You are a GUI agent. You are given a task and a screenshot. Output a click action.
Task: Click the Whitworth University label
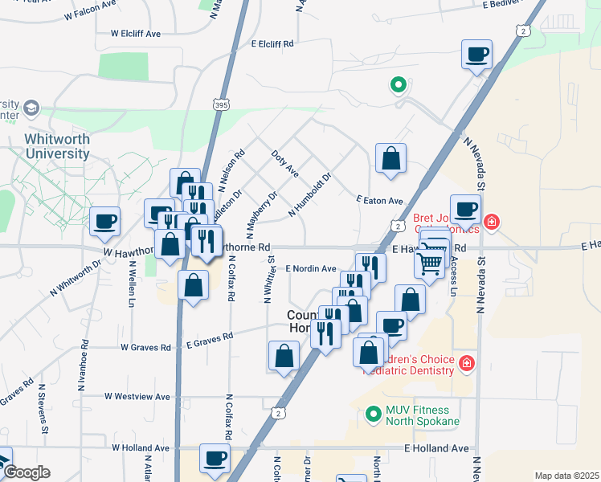point(56,146)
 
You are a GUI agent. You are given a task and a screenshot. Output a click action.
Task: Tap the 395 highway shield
point(223,104)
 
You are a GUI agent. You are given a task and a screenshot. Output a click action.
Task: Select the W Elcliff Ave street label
point(136,34)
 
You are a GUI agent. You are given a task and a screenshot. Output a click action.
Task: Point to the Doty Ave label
point(285,163)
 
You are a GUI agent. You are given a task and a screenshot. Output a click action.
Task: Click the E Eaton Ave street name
point(378,199)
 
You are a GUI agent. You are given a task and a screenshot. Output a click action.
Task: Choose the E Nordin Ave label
point(310,268)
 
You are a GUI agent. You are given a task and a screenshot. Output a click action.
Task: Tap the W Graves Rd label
point(145,348)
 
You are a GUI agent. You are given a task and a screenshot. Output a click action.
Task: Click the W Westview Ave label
point(137,397)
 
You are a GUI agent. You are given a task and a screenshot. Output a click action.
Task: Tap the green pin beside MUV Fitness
point(372,415)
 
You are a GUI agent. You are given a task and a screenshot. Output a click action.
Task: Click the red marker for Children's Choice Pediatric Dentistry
point(466,366)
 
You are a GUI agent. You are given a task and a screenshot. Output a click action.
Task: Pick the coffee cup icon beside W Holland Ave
point(215,458)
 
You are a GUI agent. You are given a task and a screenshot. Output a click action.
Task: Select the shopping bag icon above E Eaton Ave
point(390,158)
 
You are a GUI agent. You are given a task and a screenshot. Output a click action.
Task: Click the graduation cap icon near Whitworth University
point(31,108)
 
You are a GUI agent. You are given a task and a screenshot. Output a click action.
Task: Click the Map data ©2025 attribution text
point(566,476)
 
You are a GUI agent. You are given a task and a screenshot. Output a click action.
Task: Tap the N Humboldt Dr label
point(309,194)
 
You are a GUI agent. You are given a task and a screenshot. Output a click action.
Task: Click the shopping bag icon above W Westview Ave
point(284,356)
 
